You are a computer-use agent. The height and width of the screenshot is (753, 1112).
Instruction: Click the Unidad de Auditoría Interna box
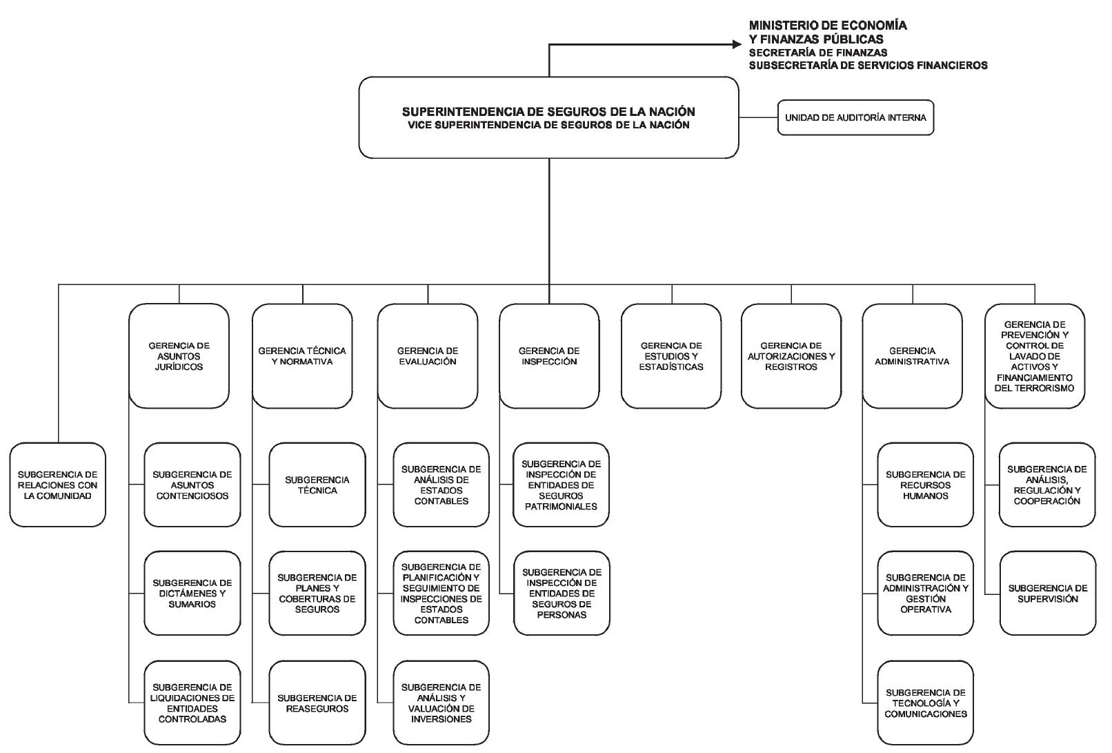(855, 118)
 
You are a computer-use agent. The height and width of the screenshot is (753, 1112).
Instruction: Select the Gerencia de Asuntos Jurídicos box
(179, 356)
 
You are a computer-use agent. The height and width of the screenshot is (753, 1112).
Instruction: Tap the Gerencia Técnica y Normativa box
(302, 356)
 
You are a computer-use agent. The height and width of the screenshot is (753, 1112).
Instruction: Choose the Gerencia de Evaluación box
(428, 356)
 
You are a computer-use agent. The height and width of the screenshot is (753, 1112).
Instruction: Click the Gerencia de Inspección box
(549, 356)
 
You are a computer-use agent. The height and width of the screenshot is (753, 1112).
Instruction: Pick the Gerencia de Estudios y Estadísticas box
(671, 356)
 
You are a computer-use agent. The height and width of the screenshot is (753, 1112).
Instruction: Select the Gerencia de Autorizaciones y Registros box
(791, 356)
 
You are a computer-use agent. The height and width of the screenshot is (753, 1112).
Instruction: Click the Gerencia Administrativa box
(913, 356)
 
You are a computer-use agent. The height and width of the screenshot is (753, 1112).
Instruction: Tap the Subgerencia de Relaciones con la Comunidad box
(57, 485)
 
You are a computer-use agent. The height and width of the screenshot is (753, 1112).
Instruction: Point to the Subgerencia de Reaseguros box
(317, 703)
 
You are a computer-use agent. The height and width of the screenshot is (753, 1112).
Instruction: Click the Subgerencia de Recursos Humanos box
(925, 485)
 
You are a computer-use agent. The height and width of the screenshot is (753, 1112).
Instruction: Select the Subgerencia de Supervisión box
(1047, 593)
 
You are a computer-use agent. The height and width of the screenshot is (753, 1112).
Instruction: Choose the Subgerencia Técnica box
(317, 485)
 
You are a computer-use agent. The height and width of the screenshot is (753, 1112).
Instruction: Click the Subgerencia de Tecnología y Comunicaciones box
(925, 703)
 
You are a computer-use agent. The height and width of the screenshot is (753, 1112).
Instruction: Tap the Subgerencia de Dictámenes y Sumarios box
(192, 593)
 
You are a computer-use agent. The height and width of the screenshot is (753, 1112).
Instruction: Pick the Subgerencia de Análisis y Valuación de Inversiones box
(441, 703)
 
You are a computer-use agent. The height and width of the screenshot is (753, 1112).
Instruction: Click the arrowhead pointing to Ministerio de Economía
(737, 44)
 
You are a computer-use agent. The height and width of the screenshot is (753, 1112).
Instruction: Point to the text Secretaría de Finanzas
(818, 52)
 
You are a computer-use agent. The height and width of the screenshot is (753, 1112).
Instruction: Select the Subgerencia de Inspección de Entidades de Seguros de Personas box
(562, 593)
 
